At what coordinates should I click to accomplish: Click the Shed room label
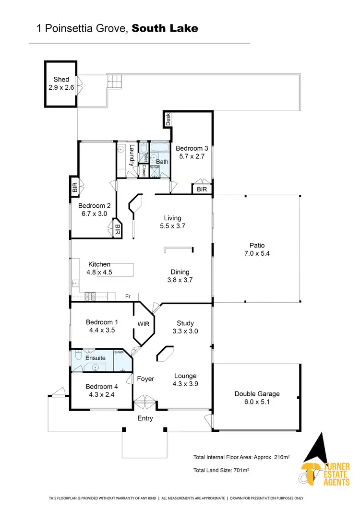point(61,79)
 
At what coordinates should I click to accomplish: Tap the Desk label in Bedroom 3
point(168,119)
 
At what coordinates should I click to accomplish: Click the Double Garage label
point(257,394)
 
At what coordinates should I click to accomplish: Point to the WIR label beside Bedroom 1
point(144,324)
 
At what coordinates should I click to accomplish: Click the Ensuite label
point(96,358)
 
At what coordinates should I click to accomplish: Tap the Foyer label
point(145,379)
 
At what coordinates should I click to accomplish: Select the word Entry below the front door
point(145,418)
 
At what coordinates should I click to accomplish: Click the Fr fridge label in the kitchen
point(128,296)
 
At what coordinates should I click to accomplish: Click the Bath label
point(162,162)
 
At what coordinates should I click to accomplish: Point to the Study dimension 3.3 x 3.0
point(185,331)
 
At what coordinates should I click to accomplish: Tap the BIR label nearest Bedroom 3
point(202,190)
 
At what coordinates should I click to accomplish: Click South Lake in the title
point(165,28)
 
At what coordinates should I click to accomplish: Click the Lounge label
point(185,376)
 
